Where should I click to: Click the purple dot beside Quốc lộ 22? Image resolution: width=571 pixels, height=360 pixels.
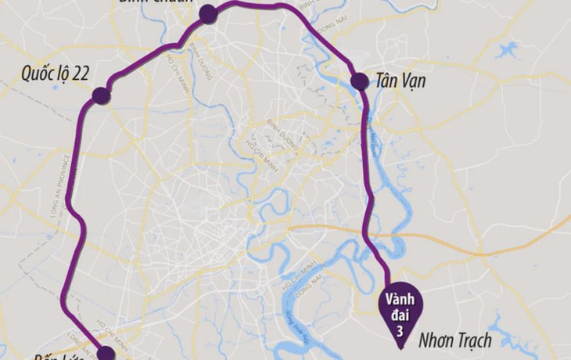point(100,96)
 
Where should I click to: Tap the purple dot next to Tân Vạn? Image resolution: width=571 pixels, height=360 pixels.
point(358,81)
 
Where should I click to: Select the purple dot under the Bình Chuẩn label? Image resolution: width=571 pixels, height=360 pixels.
point(207,13)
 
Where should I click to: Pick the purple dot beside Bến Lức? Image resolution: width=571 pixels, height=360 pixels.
point(106,355)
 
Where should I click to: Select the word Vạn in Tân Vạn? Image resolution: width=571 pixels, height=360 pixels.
point(419,81)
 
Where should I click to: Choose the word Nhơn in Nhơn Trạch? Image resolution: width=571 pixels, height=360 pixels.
point(439,340)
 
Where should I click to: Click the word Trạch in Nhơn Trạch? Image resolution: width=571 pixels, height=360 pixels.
point(476,340)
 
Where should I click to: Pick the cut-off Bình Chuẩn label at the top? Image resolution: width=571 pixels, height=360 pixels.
point(156,3)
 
